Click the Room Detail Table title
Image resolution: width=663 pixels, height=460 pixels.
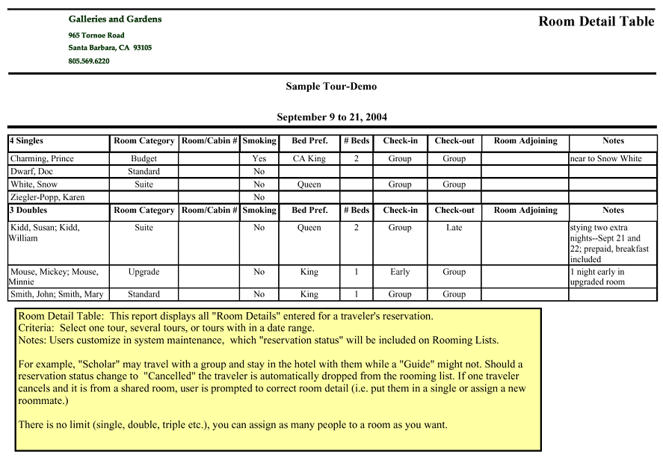(x=596, y=22)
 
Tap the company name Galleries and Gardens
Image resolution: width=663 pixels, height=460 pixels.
(x=114, y=19)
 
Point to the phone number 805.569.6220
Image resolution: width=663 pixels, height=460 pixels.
(x=89, y=61)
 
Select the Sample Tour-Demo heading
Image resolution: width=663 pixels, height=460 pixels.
(x=331, y=87)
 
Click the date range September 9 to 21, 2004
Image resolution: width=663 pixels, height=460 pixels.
(x=331, y=117)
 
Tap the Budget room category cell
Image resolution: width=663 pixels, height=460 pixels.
(x=144, y=159)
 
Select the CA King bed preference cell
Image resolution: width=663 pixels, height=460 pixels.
(x=309, y=159)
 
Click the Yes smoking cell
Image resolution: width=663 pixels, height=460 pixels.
(x=259, y=159)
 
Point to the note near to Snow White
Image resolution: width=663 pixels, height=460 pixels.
(x=605, y=159)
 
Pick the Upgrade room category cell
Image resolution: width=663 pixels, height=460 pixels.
(x=144, y=273)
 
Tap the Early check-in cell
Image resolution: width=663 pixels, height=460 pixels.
(x=400, y=273)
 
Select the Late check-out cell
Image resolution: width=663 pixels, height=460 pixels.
(x=454, y=228)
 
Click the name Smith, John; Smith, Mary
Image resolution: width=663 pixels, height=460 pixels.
(x=56, y=295)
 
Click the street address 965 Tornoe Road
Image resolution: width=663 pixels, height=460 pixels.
(x=96, y=36)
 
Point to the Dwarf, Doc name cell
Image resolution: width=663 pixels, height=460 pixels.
(x=31, y=172)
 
